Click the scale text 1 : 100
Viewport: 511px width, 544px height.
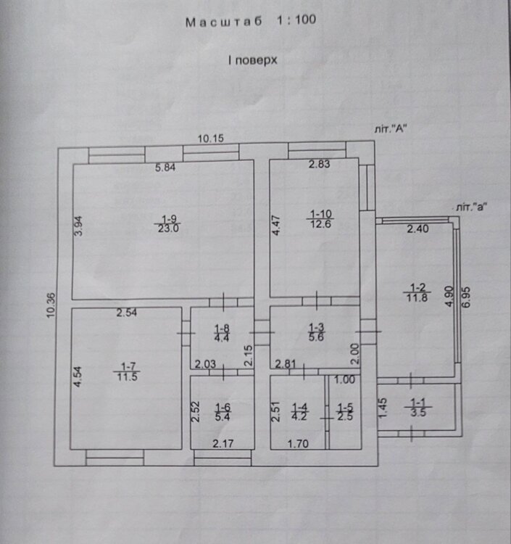pos(296,20)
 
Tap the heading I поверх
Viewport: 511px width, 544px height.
pos(253,60)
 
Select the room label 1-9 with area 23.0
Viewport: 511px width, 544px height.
pos(167,224)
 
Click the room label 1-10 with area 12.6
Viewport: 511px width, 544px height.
pos(320,219)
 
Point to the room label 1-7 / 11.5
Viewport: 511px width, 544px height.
pos(128,371)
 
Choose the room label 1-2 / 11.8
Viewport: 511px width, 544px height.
pos(417,293)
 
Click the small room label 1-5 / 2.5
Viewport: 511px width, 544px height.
pos(345,411)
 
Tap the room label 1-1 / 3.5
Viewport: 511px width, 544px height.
pos(418,408)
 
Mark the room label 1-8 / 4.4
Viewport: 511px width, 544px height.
pos(222,333)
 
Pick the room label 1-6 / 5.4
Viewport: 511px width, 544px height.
pos(223,412)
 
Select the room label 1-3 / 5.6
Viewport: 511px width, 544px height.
pos(316,332)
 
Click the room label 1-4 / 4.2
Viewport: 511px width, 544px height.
pos(299,411)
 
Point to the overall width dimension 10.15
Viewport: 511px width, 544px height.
pos(211,139)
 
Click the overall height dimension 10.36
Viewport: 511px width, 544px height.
pos(51,305)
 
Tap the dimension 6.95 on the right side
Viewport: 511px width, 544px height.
pos(465,297)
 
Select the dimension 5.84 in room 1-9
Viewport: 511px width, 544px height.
pos(165,168)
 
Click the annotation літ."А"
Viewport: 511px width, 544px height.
pos(391,129)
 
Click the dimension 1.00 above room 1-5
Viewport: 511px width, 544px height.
pos(345,379)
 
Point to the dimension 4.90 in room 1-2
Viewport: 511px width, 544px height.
pos(449,296)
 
